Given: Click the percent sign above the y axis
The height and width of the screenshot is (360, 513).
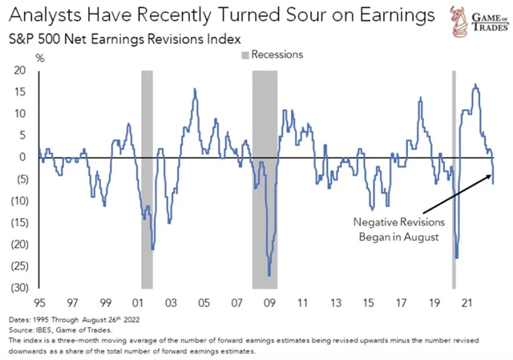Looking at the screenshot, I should click(x=40, y=57).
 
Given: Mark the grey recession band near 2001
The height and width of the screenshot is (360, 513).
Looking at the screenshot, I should click(x=147, y=178).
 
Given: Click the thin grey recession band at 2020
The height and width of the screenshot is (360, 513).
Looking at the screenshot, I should click(x=454, y=178).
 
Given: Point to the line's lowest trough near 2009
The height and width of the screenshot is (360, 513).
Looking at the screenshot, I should click(x=269, y=275).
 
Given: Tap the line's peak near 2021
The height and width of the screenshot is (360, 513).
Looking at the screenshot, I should click(x=475, y=84).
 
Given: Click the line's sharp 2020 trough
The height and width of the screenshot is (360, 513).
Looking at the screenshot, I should click(x=457, y=257).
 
